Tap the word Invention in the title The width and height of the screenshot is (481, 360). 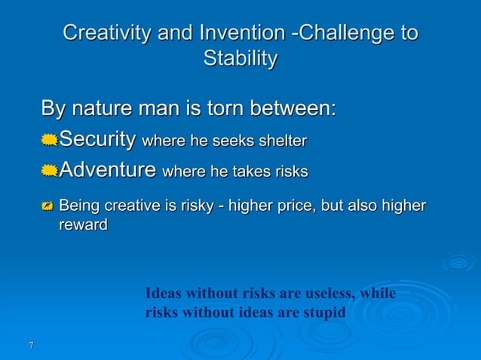(x=243, y=33)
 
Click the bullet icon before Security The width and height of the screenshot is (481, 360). (x=49, y=141)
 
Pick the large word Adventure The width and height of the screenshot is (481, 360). (x=108, y=171)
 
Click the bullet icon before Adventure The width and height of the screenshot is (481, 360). (x=49, y=172)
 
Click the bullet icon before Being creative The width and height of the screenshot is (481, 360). (x=49, y=206)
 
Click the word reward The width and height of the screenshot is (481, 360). (x=83, y=224)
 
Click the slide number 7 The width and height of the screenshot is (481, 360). (x=30, y=346)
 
